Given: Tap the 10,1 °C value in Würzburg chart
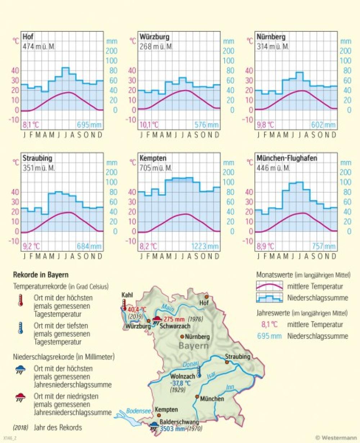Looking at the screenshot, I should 149,125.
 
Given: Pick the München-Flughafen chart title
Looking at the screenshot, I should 287,158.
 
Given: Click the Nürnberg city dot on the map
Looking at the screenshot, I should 182,337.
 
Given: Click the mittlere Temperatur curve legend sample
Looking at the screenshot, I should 269,287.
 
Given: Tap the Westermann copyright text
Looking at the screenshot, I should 336,438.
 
